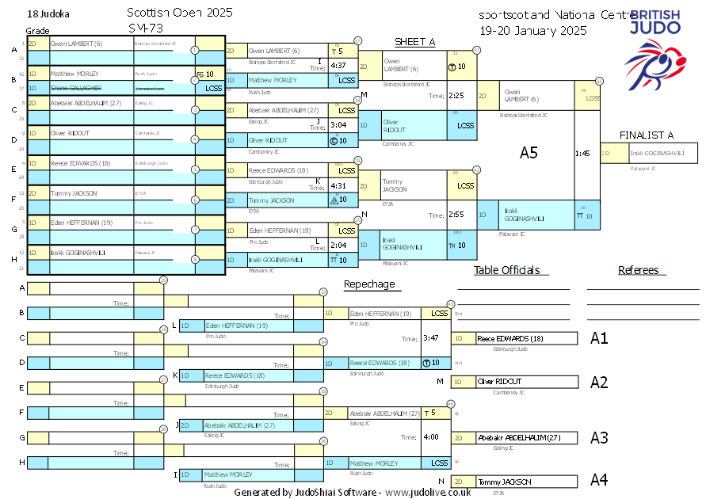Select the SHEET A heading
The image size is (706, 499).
[415, 42]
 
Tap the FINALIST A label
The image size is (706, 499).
[647, 135]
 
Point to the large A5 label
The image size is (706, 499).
[529, 153]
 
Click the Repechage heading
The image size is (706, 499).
[368, 284]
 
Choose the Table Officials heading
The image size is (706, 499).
[506, 270]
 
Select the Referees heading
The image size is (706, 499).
[639, 270]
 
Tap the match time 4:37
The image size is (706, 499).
[338, 66]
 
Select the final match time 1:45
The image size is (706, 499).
[582, 153]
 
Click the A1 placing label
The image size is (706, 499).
[599, 338]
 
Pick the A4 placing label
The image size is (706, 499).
[599, 480]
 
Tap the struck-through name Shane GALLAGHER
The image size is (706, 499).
[75, 88]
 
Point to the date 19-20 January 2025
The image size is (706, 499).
[532, 31]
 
